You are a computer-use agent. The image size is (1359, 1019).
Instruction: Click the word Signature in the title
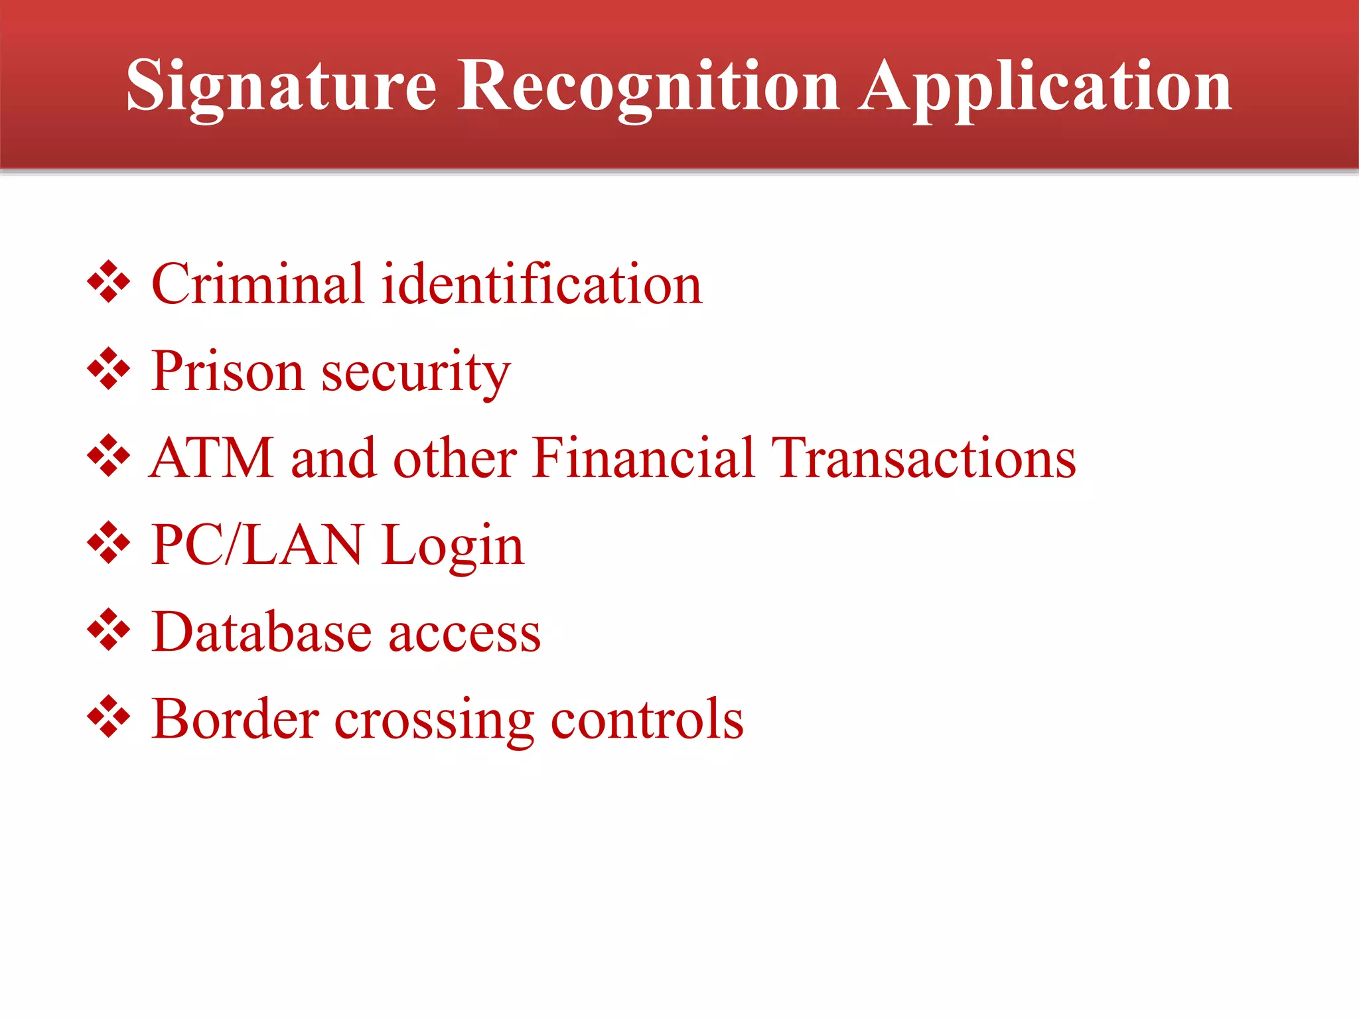pyautogui.click(x=281, y=86)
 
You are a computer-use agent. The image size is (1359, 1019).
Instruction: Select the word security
pyautogui.click(x=416, y=374)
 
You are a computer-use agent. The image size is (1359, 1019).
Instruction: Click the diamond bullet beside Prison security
pyautogui.click(x=108, y=369)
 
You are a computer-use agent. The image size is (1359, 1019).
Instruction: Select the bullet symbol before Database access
pyautogui.click(x=108, y=630)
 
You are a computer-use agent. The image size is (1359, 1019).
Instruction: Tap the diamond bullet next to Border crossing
pyautogui.click(x=108, y=716)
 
